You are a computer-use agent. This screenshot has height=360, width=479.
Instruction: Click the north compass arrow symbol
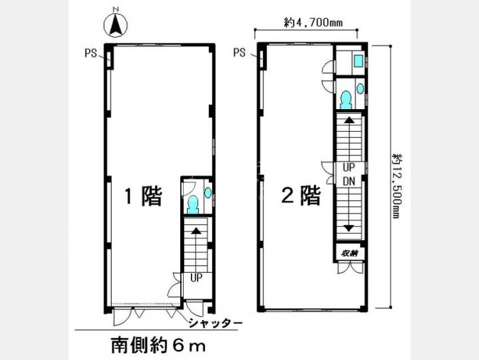pyautogui.click(x=116, y=25)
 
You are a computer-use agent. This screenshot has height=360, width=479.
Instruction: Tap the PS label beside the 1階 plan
pyautogui.click(x=90, y=53)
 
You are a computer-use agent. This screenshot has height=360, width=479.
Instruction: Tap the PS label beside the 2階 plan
pyautogui.click(x=239, y=53)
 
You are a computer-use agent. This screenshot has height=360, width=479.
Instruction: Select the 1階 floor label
pyautogui.click(x=143, y=196)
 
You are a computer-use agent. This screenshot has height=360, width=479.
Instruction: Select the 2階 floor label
pyautogui.click(x=301, y=195)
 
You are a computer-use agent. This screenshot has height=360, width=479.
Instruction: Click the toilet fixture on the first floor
pyautogui.click(x=193, y=204)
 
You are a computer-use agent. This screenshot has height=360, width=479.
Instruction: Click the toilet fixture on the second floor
pyautogui.click(x=346, y=100)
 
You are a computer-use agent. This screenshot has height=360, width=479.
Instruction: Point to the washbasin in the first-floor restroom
pyautogui.click(x=208, y=192)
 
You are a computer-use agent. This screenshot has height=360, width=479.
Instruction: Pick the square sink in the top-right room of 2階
pyautogui.click(x=358, y=61)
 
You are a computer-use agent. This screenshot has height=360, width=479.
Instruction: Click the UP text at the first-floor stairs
pyautogui.click(x=196, y=277)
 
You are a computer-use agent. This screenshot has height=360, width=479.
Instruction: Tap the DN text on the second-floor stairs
pyautogui.click(x=349, y=181)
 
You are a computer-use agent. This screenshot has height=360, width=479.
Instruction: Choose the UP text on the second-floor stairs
pyautogui.click(x=349, y=168)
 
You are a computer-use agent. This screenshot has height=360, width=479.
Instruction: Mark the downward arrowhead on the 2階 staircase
pyautogui.click(x=349, y=228)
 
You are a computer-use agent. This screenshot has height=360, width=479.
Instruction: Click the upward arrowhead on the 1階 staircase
pyautogui.click(x=196, y=231)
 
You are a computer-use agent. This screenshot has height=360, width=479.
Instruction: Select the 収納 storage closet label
pyautogui.click(x=349, y=253)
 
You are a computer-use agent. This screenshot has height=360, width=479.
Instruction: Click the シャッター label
pyautogui.click(x=216, y=323)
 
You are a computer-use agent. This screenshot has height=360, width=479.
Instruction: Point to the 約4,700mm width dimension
pyautogui.click(x=313, y=23)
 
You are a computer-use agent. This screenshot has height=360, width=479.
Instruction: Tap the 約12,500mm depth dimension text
pyautogui.click(x=397, y=186)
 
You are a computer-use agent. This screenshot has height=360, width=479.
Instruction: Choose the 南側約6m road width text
pyautogui.click(x=158, y=346)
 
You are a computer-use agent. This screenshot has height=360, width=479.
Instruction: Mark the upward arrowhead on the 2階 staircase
pyautogui.click(x=349, y=120)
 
